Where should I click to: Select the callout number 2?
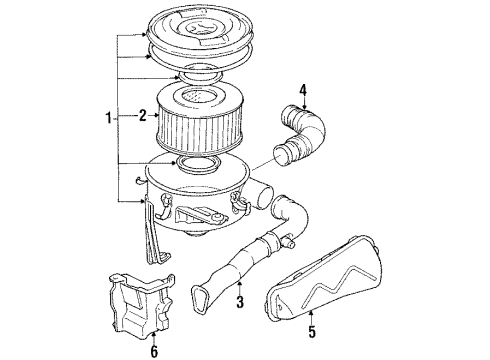[x=143, y=116]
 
